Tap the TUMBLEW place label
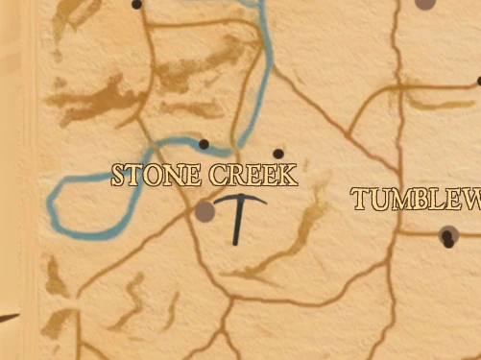point(415,200)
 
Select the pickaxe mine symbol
point(237,215)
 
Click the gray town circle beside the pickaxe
point(204,211)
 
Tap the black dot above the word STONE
point(203,145)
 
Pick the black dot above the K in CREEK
point(278,154)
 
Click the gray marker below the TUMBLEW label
point(447,234)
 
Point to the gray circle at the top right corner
point(424,3)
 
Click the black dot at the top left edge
point(136,5)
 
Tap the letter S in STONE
point(119,177)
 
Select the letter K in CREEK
point(287,175)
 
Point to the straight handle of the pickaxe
point(237,227)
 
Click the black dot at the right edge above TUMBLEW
point(478,82)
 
